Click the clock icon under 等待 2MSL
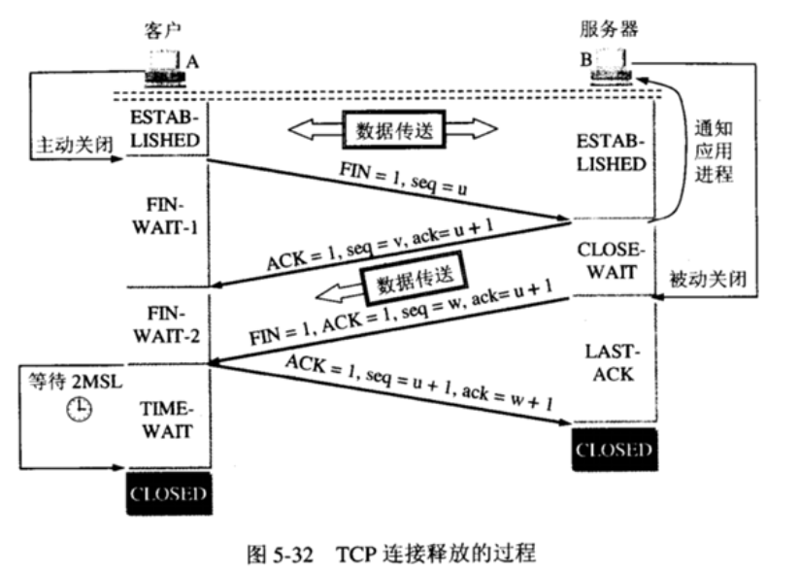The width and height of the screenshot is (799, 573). (x=80, y=409)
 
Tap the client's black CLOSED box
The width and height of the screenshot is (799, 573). (x=169, y=493)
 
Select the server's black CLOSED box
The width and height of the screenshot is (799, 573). (x=615, y=450)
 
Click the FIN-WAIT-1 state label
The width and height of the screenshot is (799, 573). (x=165, y=217)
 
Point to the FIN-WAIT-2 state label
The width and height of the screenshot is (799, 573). (x=167, y=324)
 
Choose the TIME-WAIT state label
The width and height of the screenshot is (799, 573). (x=167, y=421)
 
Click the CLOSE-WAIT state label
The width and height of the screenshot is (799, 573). (x=611, y=260)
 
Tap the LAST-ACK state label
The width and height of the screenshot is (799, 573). (x=613, y=363)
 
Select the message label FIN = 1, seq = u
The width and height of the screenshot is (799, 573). (x=403, y=179)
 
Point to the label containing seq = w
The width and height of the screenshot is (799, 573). (x=401, y=312)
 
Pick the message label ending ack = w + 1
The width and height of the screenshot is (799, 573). (x=419, y=383)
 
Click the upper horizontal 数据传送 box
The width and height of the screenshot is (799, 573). (x=394, y=129)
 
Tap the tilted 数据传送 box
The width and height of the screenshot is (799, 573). (x=415, y=278)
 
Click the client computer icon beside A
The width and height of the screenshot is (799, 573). (x=165, y=68)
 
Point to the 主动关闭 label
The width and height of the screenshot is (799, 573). (x=75, y=145)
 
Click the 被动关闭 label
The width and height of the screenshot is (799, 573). (x=708, y=279)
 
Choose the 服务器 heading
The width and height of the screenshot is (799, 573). (x=609, y=28)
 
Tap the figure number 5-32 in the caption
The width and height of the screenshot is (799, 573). (x=294, y=554)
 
